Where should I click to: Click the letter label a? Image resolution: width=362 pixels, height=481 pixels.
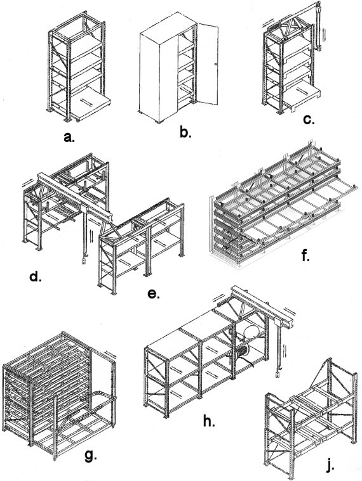coord(69,137)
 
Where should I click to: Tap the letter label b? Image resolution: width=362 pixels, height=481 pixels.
coord(185,132)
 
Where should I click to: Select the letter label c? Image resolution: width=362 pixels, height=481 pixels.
coord(309,120)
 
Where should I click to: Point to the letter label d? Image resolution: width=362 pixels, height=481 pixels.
coord(36,277)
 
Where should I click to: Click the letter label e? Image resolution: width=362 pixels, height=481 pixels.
coord(154,294)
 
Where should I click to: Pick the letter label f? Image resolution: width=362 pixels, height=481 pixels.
coord(305,255)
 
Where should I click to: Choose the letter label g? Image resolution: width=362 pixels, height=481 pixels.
coord(90,456)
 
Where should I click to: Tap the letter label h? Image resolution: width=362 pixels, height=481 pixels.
coord(209,421)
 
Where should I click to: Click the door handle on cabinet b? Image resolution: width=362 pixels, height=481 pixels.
coord(215,64)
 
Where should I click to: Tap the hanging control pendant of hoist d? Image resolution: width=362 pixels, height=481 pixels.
coord(83,261)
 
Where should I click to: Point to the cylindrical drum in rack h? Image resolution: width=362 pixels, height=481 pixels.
coord(251,333)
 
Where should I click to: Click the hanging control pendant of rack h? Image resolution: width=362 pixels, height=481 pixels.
coord(277,375)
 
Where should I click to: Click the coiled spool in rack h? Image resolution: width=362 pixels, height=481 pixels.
coord(243,352)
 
